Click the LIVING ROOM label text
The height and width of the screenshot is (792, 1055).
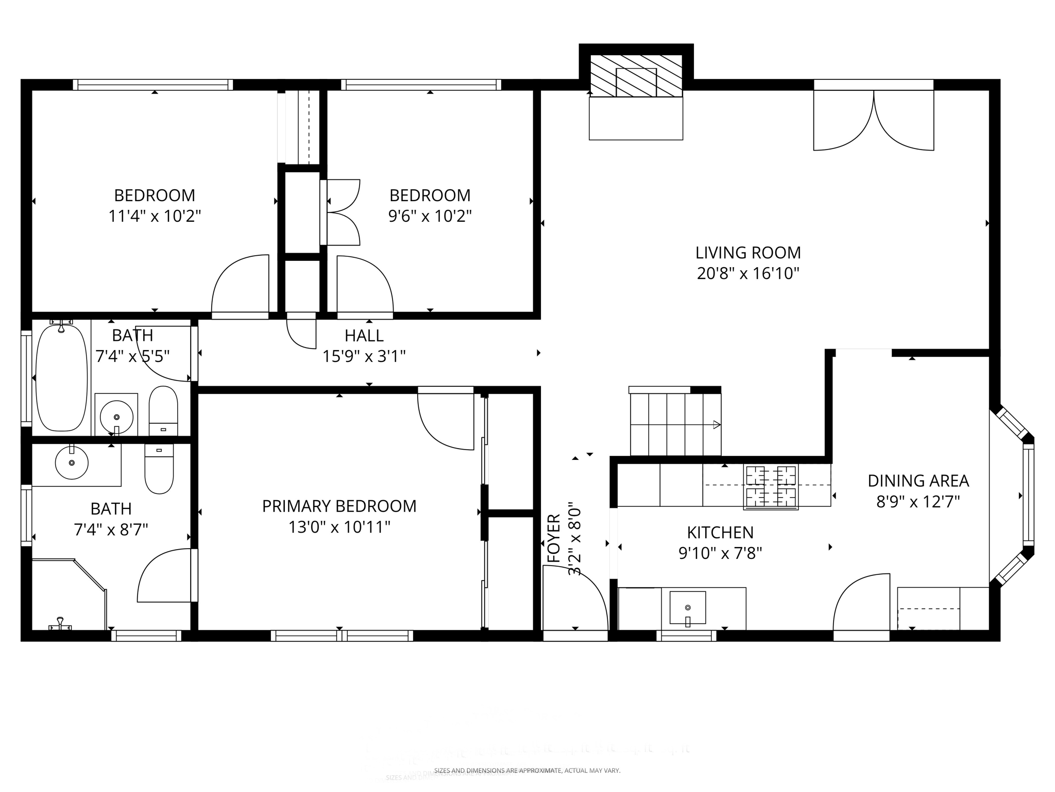tap(748, 253)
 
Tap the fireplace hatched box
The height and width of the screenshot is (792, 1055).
tap(636, 76)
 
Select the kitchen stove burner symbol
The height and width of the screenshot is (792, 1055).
tap(771, 487)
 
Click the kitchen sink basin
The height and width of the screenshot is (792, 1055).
tap(687, 607)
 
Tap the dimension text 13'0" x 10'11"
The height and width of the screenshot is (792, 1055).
tap(339, 527)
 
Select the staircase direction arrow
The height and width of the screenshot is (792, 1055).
tap(716, 425)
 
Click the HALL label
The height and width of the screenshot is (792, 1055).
tap(364, 336)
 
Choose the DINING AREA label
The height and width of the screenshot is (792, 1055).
tap(918, 481)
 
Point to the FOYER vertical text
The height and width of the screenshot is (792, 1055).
tap(553, 538)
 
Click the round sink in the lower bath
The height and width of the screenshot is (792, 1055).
tap(72, 463)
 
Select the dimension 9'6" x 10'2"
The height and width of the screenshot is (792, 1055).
tap(430, 216)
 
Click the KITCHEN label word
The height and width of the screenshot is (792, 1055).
tap(720, 532)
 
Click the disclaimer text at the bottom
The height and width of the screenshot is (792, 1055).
tap(527, 770)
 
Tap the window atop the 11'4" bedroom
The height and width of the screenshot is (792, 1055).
tap(152, 85)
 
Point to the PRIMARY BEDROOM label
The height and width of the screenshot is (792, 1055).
tap(339, 506)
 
